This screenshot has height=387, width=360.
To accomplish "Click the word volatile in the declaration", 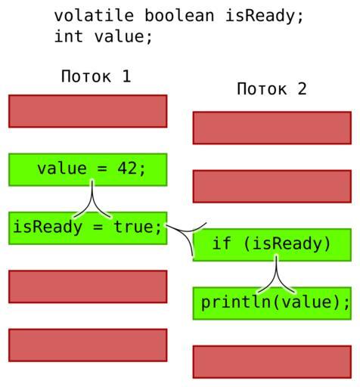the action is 94,16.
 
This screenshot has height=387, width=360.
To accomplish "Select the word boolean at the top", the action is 179,16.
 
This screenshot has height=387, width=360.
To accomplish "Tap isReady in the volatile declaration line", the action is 264,17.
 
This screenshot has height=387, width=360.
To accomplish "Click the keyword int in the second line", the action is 69,36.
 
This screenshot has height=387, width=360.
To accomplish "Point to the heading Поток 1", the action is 96,76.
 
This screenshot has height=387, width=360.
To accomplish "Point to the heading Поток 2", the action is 272,89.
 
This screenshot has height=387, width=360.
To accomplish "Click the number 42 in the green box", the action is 128,169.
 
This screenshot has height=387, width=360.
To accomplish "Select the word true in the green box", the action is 134,227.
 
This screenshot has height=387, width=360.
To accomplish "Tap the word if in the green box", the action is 222,243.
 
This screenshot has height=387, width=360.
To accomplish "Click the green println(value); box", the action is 272,303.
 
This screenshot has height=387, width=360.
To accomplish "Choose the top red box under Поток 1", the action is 88,111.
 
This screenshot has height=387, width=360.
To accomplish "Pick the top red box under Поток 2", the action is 272,128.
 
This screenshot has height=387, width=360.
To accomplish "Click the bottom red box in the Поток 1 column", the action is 88,345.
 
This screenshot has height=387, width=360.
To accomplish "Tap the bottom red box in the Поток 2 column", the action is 272,362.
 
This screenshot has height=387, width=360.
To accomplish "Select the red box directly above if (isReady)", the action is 272,187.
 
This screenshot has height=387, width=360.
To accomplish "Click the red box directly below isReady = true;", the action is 88,286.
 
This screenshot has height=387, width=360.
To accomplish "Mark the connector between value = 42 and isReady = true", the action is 92,199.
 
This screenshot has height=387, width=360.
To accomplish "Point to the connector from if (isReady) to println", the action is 276,274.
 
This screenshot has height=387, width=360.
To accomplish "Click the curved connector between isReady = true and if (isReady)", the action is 187,231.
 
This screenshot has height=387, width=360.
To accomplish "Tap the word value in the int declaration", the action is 119,36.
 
